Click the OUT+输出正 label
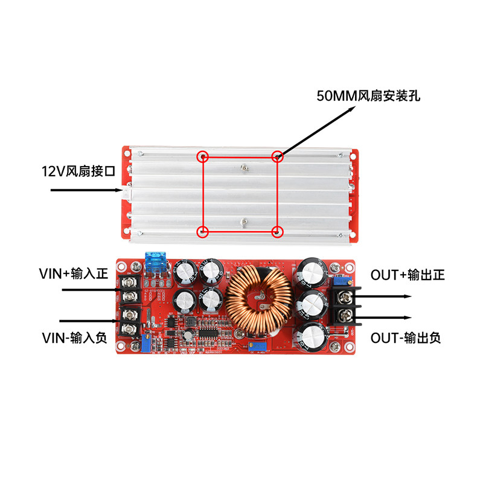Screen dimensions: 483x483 [408, 275]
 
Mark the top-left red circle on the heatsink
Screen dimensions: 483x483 [203, 157]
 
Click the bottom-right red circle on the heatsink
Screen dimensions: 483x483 [278, 231]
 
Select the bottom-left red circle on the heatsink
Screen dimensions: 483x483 [203, 231]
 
